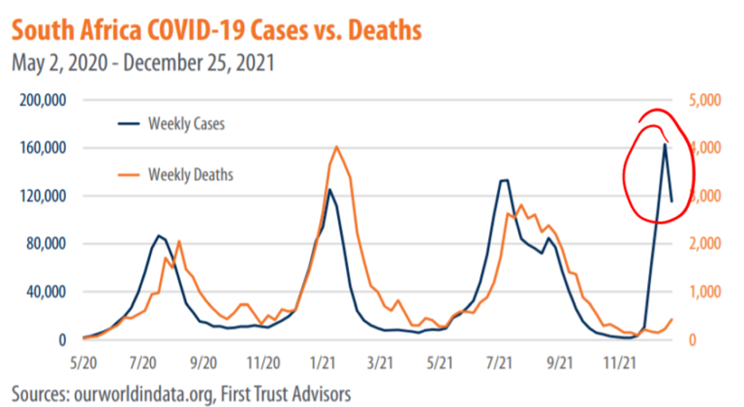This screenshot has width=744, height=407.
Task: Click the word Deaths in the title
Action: pos(373,31)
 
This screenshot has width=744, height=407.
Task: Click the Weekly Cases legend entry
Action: pos(186,124)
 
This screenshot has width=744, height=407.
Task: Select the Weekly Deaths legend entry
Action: pos(190,174)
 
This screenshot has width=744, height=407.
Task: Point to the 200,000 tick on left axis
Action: pos(41,101)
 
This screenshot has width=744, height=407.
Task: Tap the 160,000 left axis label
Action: pos(41,149)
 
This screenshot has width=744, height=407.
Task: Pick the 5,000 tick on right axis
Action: pos(703,101)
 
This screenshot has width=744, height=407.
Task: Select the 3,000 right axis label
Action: pos(703,196)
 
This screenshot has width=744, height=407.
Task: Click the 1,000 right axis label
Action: pos(703,292)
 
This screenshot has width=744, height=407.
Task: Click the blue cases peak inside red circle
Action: pos(665,145)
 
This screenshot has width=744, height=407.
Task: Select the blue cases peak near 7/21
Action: pos(504,180)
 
